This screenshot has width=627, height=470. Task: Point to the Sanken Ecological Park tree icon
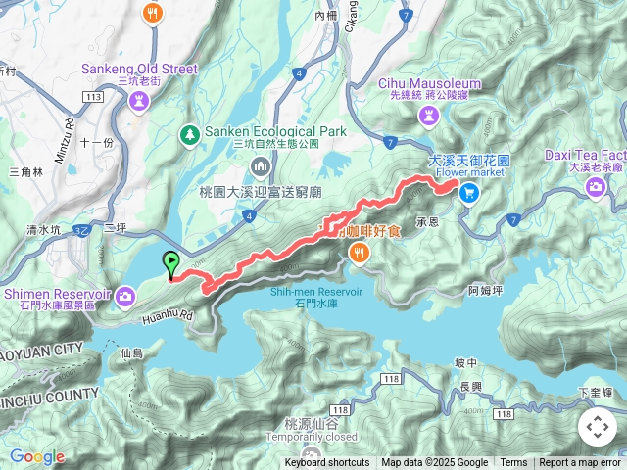[190, 132]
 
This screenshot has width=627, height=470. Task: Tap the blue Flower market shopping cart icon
[469, 193]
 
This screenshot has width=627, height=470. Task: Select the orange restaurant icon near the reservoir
[360, 255]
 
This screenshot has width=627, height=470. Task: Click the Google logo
[36, 456]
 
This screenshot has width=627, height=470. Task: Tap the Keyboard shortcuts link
[327, 463]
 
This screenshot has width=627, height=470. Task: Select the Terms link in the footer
[513, 463]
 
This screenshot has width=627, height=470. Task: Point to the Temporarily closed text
[307, 438]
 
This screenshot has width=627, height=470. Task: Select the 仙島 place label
[131, 351]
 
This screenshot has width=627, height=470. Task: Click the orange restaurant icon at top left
[151, 13]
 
